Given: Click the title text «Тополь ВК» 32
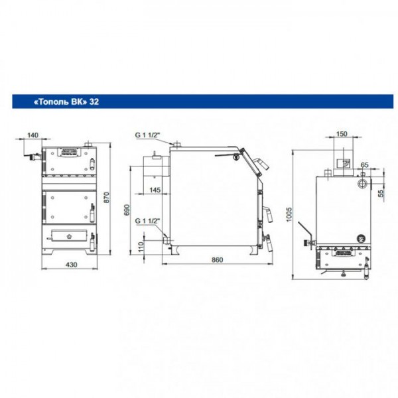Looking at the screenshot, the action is coord(66,101).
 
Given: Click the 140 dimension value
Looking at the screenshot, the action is coord(33,135).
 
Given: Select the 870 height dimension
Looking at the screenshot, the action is coord(107,197).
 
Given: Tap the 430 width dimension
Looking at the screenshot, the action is coord(72,265).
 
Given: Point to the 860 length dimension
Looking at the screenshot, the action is coord(217,259).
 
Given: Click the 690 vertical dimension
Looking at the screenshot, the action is coord(127,210).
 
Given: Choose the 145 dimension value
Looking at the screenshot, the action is coord(155,190).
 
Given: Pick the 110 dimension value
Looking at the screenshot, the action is coord(141,247).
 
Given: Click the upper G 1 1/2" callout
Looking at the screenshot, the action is coord(147,135).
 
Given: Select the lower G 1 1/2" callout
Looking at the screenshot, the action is coord(147,221).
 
